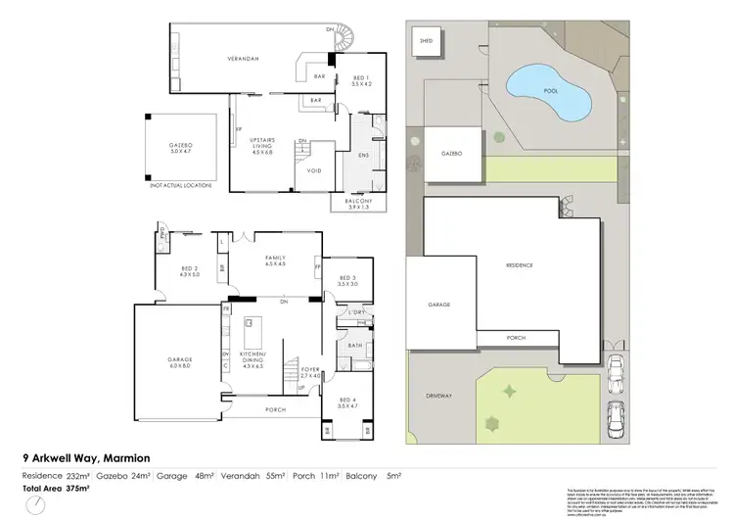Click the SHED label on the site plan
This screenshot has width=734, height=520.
(x=426, y=42)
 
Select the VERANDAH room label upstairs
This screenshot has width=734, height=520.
(x=243, y=60)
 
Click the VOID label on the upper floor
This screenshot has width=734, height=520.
(x=315, y=170)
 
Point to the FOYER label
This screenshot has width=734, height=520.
(x=311, y=371)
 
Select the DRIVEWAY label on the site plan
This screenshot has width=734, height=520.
(x=439, y=396)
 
